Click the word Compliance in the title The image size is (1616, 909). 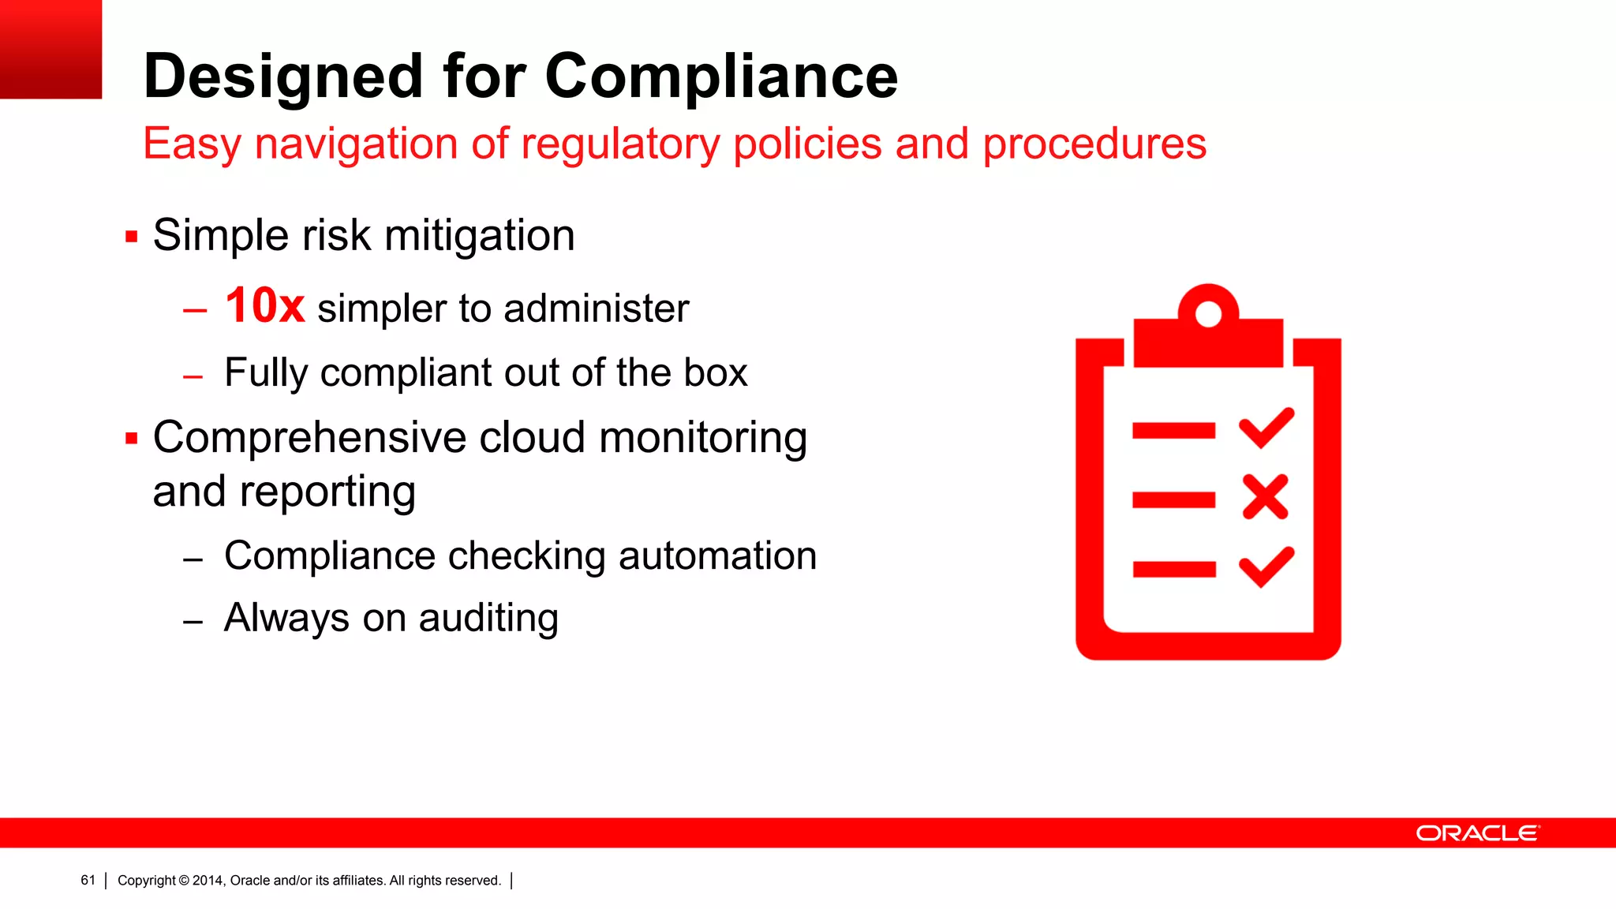click(x=720, y=77)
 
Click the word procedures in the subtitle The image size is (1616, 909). click(x=1094, y=144)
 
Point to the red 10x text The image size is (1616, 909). click(x=264, y=306)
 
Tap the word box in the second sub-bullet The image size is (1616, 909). click(x=715, y=372)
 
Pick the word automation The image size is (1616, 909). click(x=717, y=555)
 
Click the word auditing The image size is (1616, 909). click(x=488, y=618)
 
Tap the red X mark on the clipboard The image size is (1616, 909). click(x=1265, y=497)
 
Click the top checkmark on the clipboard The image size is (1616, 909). click(x=1266, y=428)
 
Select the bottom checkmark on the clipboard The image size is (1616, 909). click(x=1266, y=567)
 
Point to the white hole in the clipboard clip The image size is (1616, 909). click(x=1208, y=314)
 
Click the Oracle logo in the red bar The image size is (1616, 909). click(x=1477, y=833)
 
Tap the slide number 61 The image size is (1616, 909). click(x=88, y=881)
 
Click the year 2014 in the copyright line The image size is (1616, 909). click(x=208, y=881)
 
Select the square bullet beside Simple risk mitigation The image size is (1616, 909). click(x=132, y=236)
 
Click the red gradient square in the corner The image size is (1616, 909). click(x=50, y=49)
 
